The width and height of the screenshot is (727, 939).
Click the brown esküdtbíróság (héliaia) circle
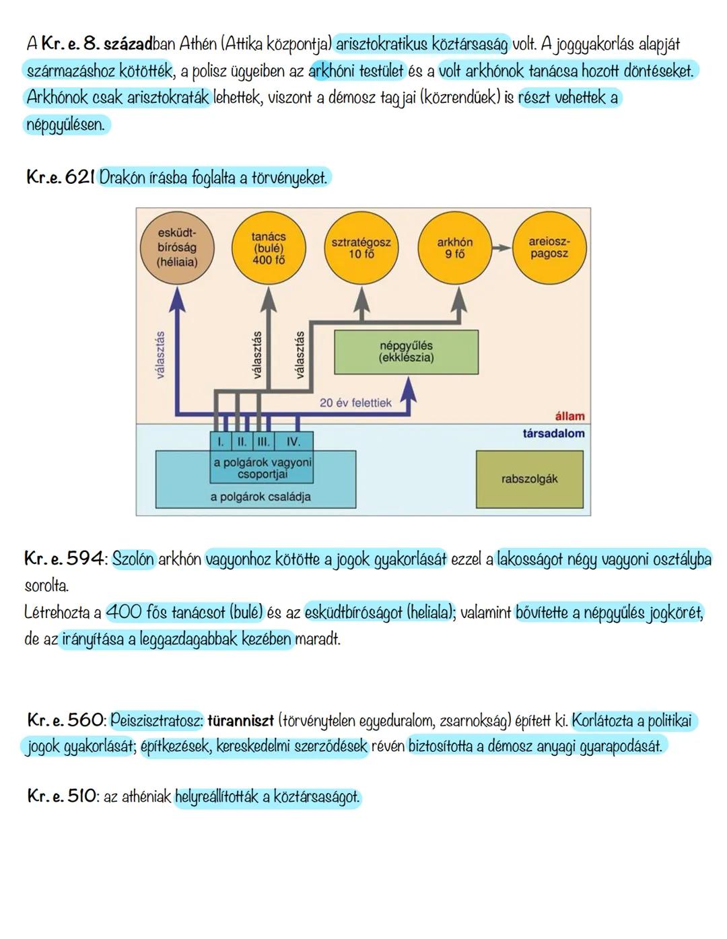177,248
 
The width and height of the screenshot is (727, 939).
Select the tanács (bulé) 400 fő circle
269,248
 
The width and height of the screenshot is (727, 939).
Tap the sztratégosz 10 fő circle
361,248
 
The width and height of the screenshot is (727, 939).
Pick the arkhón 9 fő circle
454,248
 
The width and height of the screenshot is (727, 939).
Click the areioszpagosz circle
549,248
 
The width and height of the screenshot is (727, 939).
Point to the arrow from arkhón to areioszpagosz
501,248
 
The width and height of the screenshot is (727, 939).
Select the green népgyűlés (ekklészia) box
406,352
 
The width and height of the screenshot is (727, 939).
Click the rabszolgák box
529,479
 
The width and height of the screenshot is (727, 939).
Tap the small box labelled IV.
293,442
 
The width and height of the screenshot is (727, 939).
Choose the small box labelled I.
219,442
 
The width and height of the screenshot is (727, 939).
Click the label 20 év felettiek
355,403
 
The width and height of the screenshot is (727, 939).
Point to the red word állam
569,416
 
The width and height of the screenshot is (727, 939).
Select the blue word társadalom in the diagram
553,433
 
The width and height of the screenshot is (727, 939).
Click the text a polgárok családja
260,497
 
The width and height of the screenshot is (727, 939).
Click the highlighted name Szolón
133,559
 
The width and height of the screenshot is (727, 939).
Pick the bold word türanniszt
241,721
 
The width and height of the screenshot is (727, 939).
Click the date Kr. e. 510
62,796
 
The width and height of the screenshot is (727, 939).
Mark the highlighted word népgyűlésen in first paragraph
65,125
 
